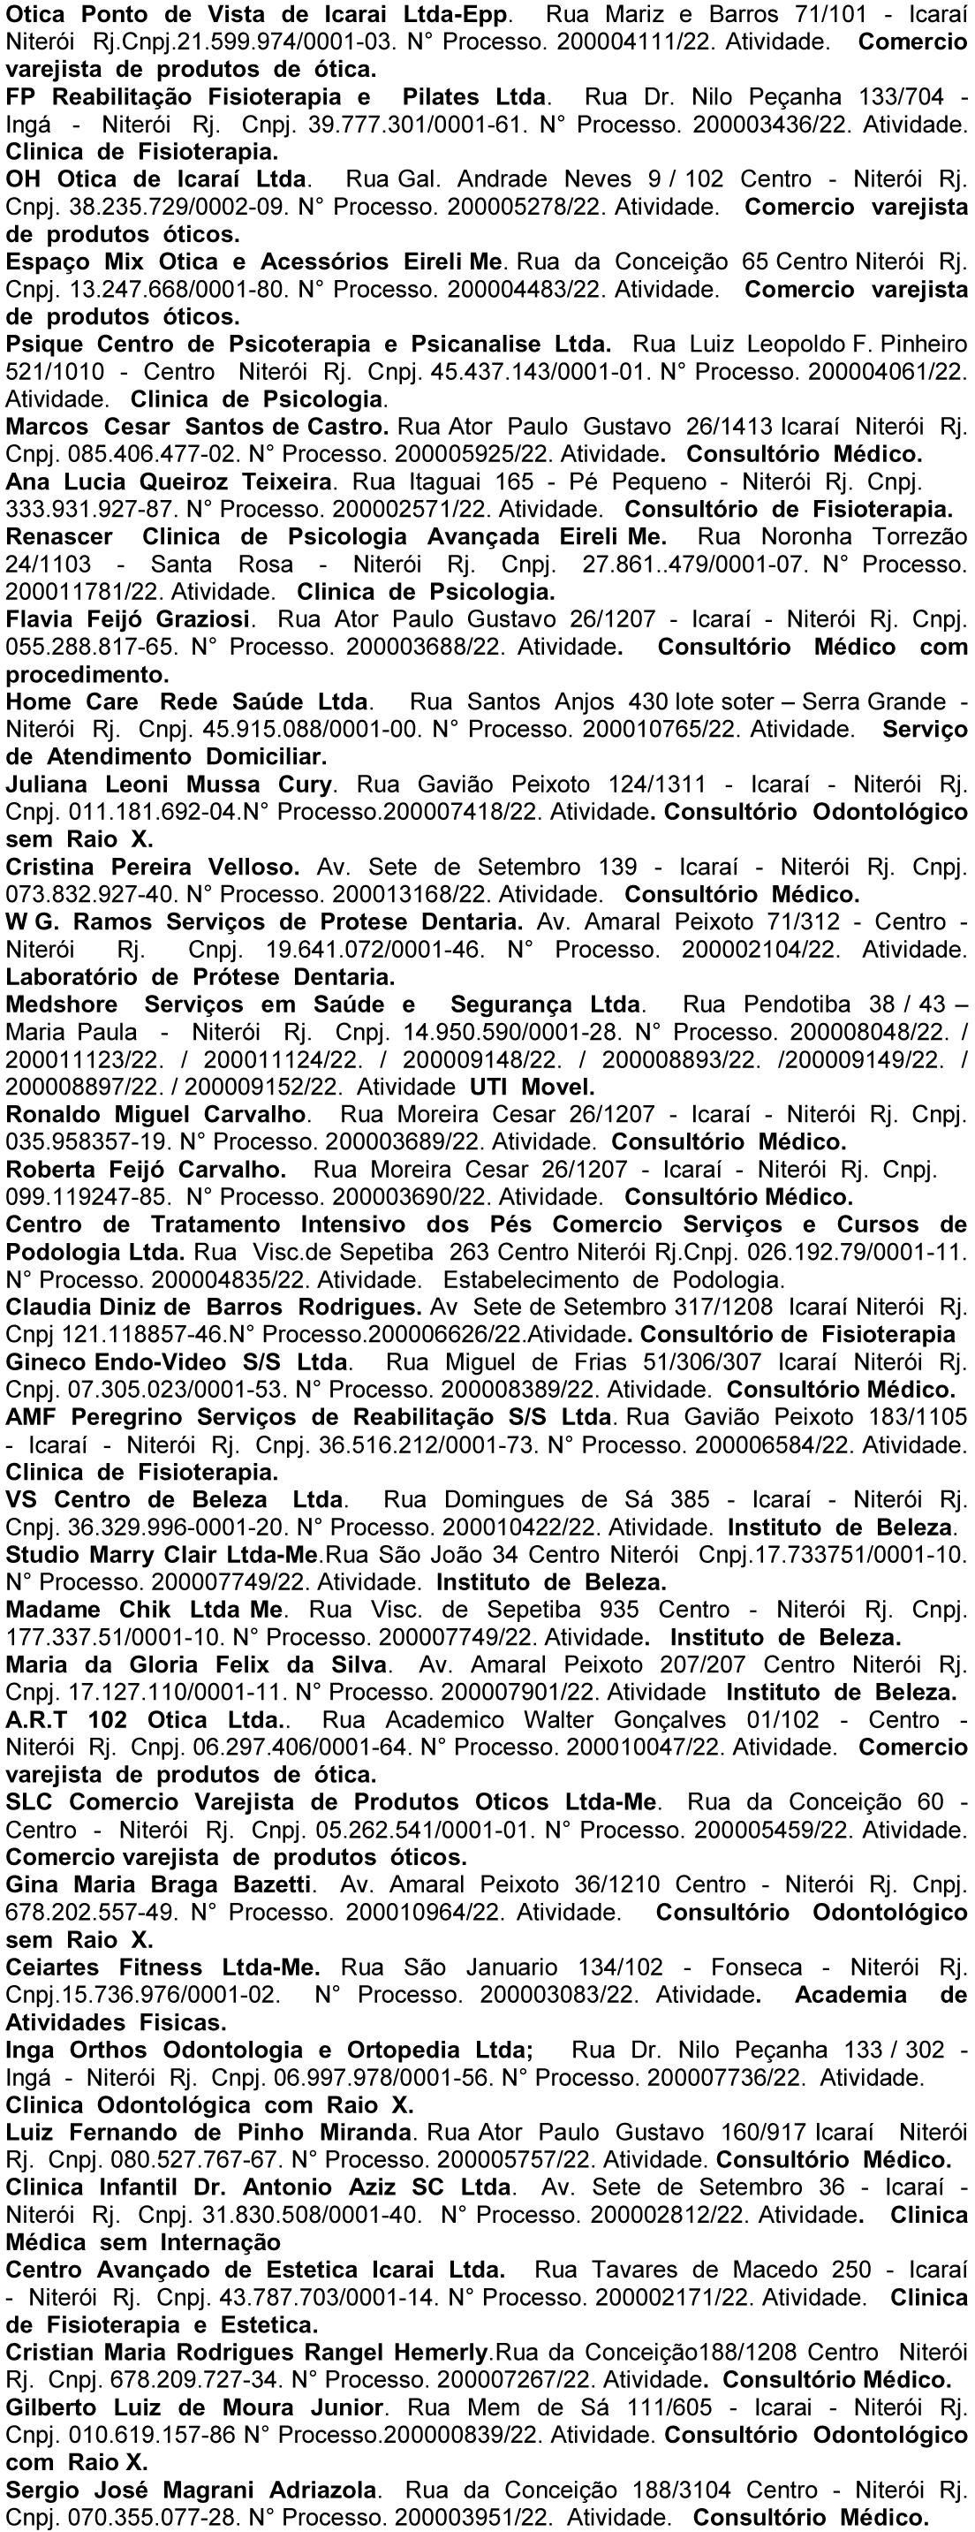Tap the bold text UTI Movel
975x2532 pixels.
coord(532,1088)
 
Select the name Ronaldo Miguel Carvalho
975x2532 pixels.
coord(157,1116)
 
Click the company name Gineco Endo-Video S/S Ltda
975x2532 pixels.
coord(177,1363)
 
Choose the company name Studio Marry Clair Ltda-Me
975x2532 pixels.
coord(163,1556)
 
